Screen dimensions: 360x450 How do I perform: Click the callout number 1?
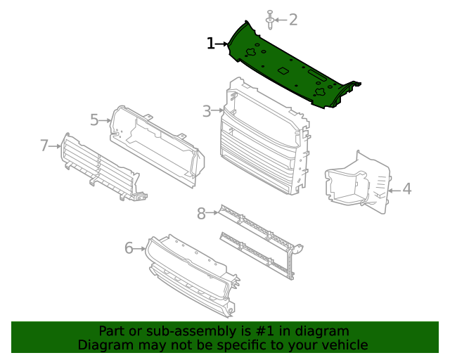pos(210,44)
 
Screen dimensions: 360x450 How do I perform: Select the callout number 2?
pos(293,20)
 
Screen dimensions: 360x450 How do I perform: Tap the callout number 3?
pos(207,111)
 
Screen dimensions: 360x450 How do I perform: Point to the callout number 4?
pos(406,189)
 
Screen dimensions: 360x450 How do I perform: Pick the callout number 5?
pos(95,120)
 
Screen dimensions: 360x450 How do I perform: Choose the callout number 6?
pos(129,247)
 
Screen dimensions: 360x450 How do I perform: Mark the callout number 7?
pos(44,146)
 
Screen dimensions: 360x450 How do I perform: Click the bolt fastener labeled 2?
pos(270,21)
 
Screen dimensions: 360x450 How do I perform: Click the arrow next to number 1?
pos(222,44)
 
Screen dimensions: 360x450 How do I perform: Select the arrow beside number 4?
pos(394,189)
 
